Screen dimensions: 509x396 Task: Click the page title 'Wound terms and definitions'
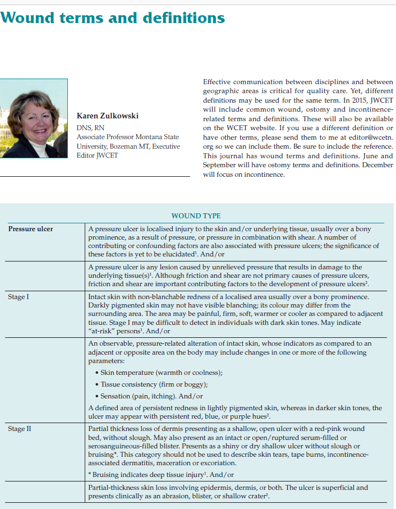tap(113, 18)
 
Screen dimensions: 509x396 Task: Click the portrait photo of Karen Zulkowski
tap(34, 118)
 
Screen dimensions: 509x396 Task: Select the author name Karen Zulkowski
tap(108, 116)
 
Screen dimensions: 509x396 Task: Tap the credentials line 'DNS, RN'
tap(90, 128)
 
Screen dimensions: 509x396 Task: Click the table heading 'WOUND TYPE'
tap(196, 216)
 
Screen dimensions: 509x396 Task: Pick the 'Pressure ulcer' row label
tap(31, 229)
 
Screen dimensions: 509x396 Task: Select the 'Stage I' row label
tap(19, 297)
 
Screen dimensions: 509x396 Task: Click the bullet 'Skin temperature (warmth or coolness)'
tap(161, 373)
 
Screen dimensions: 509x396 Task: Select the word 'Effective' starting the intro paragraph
tap(217, 82)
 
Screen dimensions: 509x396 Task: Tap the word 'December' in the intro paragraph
tap(374, 165)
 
